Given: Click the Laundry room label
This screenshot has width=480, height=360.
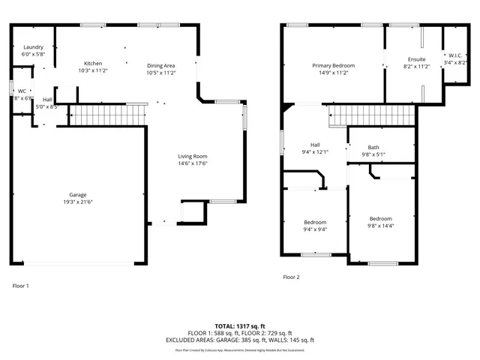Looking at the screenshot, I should pos(34,47).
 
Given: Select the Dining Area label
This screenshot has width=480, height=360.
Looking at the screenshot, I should pos(160,64).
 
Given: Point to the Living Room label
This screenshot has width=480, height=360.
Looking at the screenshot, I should pos(192,155).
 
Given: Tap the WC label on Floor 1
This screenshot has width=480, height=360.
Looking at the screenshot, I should pos(22,91).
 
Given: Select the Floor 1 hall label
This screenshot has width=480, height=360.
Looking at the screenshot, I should pos(47,99).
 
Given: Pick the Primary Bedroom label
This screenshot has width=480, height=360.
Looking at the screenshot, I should pos(333,66).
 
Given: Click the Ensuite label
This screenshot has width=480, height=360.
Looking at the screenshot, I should pos(416,59).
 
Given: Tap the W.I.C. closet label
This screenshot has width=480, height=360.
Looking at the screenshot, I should pos(456,55).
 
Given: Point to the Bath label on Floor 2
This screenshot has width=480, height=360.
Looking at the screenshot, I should pos(373,147).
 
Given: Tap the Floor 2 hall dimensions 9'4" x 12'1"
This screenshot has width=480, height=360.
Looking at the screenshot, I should pos(315,153).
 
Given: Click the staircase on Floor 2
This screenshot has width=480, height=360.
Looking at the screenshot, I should pos(372,115).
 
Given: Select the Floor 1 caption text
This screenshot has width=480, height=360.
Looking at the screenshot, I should pos(20,286).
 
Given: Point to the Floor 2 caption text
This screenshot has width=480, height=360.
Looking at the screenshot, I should pos(291,277).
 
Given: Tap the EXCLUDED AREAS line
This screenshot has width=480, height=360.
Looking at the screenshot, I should pos(240,340).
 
